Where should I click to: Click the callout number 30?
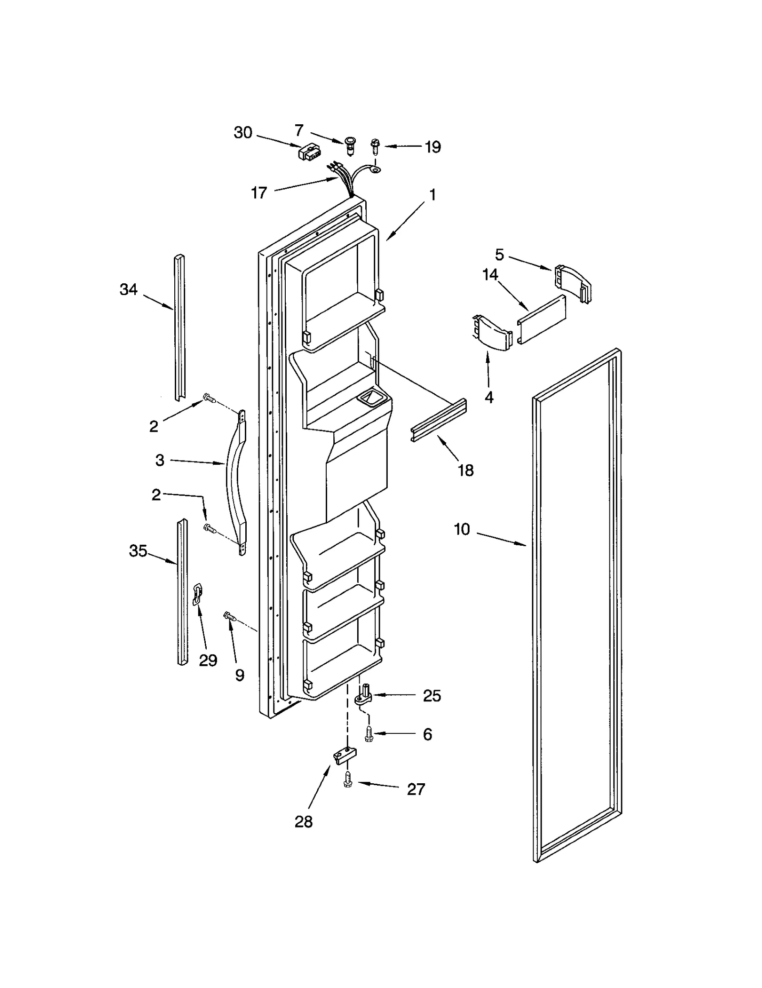[243, 132]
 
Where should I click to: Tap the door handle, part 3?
[234, 481]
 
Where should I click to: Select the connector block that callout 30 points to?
[307, 152]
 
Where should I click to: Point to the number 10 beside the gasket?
[461, 529]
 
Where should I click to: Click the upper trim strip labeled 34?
[180, 329]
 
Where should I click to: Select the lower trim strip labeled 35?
[182, 590]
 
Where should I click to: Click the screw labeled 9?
[230, 617]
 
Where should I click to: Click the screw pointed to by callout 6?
[368, 734]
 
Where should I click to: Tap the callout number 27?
[415, 789]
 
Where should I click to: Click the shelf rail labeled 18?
[439, 420]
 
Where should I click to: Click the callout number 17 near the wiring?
[259, 193]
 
